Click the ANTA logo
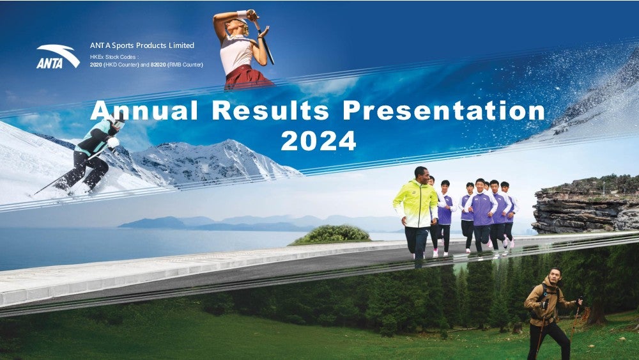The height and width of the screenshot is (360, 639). [58, 56]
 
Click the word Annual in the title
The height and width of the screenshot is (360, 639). [144, 111]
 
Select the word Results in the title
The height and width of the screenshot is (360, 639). [270, 111]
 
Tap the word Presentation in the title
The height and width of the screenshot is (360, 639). [444, 111]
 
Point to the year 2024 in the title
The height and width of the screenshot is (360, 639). [319, 141]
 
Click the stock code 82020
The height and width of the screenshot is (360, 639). [158, 65]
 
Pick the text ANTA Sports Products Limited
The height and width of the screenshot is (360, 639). [142, 45]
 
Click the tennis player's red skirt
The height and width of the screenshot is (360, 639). [248, 77]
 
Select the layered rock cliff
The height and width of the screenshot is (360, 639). [586, 205]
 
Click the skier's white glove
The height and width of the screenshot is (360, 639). [113, 143]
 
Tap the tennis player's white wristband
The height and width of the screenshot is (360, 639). [242, 14]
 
